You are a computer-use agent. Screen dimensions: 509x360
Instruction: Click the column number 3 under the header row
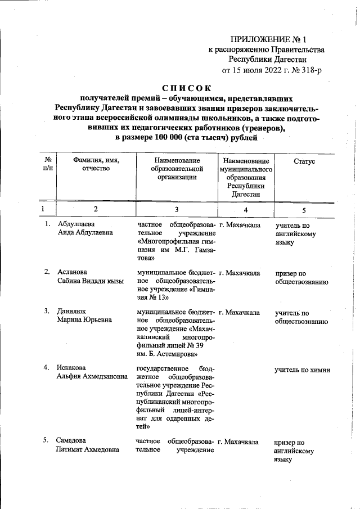(177, 209)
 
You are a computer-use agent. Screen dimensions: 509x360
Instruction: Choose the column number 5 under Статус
(304, 210)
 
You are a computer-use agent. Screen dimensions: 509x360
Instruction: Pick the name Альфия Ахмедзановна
(92, 377)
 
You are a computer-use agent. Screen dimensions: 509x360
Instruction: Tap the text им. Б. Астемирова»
(168, 354)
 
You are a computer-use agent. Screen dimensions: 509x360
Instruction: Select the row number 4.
(48, 368)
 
